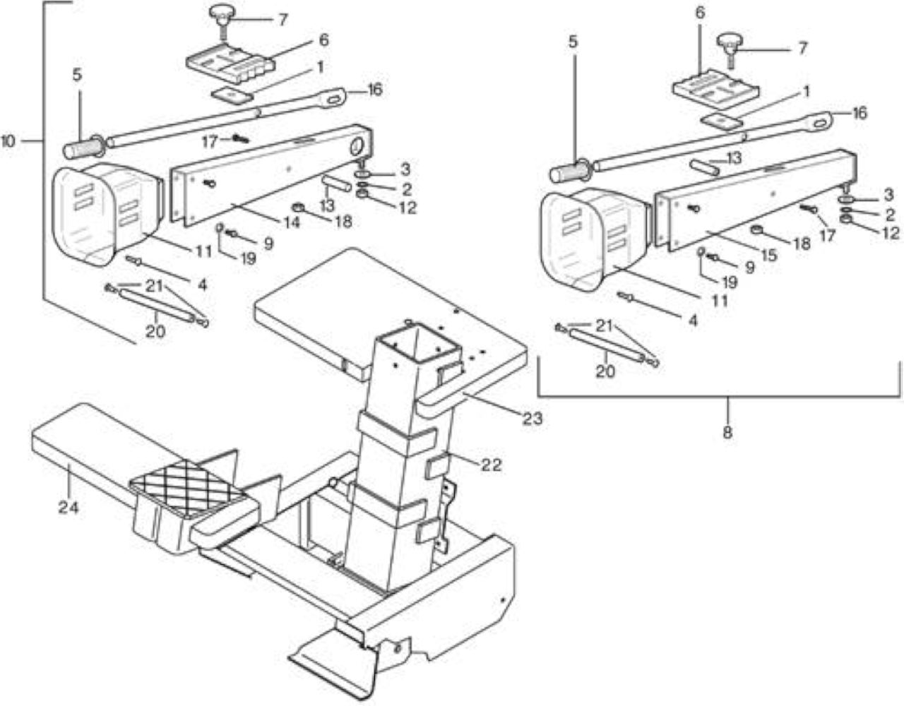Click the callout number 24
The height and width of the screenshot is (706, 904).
pos(69,508)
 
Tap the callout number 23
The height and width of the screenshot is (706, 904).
pos(533,418)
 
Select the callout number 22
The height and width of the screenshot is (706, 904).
pos(491,465)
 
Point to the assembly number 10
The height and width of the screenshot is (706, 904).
pos(8,141)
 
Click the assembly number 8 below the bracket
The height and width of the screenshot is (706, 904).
pos(727,432)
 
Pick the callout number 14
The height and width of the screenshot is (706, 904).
pos(292,222)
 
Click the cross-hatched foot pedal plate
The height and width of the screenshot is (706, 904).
pos(186,483)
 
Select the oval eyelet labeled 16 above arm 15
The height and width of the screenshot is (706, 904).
pos(821,123)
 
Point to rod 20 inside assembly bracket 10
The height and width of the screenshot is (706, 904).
pos(156,305)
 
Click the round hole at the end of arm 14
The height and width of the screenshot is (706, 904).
pos(357,146)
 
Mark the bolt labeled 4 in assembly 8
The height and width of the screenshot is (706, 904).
pos(625,297)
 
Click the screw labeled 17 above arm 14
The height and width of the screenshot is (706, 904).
pos(240,138)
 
